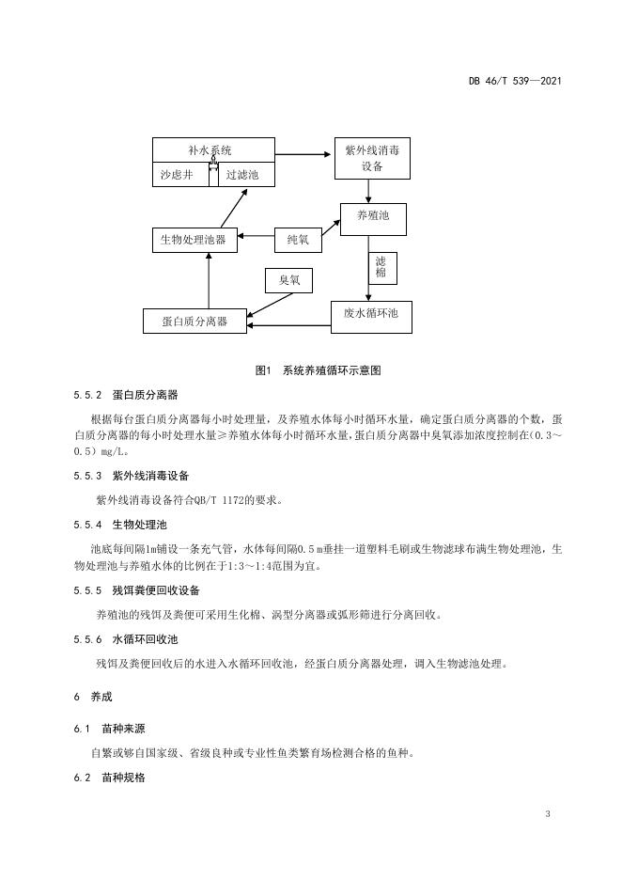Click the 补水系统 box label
(210, 150)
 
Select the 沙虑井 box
(181, 175)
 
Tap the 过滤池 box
(246, 175)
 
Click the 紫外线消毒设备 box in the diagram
(372, 158)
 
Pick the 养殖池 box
(373, 219)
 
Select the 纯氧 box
(298, 240)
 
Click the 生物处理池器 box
(194, 240)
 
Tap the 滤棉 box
(381, 268)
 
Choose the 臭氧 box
(288, 280)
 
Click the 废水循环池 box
(371, 317)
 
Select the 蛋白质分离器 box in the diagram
(194, 321)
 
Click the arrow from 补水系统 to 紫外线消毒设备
(303, 154)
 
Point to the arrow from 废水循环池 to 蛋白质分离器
(288, 325)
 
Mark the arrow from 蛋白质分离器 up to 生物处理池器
(208, 280)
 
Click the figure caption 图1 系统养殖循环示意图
(318, 370)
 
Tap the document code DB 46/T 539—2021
(515, 81)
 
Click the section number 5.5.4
(87, 525)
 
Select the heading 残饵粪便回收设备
(156, 590)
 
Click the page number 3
(548, 814)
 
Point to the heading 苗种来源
(123, 729)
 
